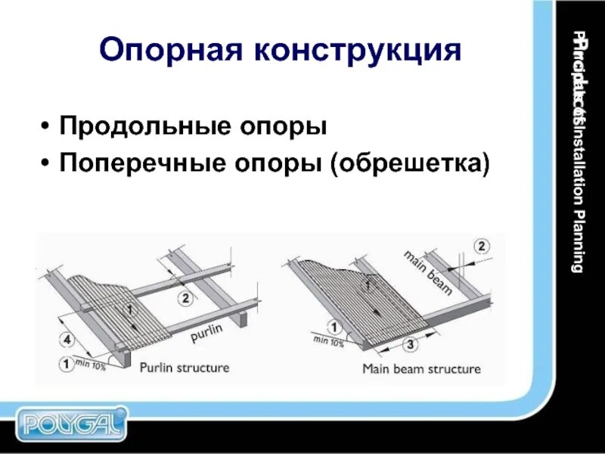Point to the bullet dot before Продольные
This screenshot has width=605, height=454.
[48, 126]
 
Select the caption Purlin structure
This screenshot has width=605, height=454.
[184, 368]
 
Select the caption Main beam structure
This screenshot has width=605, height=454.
[421, 369]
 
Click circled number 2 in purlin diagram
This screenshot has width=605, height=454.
[187, 298]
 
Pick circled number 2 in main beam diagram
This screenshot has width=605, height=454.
[482, 245]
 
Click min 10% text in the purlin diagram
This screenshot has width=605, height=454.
[90, 366]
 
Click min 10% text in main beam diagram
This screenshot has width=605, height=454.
[328, 342]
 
